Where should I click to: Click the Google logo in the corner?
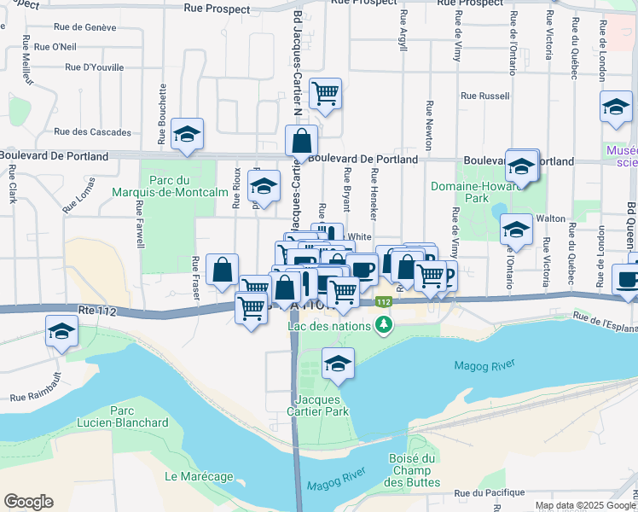pyautogui.click(x=28, y=502)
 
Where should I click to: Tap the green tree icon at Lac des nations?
pyautogui.click(x=385, y=325)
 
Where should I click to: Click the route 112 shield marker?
pyautogui.click(x=384, y=302)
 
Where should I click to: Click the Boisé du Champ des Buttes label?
pyautogui.click(x=414, y=470)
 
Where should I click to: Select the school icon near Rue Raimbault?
pyautogui.click(x=61, y=331)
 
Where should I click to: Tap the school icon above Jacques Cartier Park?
pyautogui.click(x=339, y=364)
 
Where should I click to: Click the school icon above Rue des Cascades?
pyautogui.click(x=187, y=134)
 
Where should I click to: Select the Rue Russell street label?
pyautogui.click(x=484, y=96)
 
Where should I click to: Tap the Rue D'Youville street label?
pyautogui.click(x=94, y=67)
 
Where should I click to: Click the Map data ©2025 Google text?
pyautogui.click(x=584, y=505)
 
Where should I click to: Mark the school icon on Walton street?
pyautogui.click(x=515, y=229)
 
